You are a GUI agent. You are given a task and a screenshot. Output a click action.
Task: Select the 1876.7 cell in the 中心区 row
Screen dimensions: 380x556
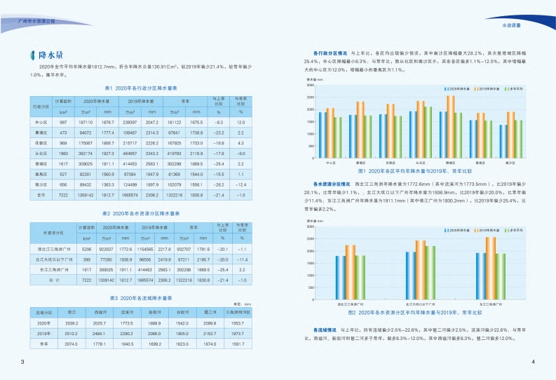tap(107, 122)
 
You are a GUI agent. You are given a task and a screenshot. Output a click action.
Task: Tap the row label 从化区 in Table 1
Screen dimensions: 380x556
tap(40, 152)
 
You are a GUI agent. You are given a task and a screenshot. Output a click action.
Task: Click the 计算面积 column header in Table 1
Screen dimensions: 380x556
tap(63, 102)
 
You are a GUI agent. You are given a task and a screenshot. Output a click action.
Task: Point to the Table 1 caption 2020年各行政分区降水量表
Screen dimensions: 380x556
tap(140, 89)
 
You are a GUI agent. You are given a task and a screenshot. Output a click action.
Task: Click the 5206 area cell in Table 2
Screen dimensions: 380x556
tap(87, 249)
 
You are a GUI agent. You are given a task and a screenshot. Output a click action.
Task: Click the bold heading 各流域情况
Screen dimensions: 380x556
tap(318, 329)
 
